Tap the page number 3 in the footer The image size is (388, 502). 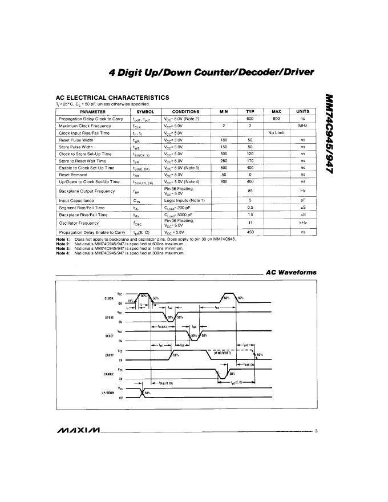coord(316,430)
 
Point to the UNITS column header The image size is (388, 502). coord(302,112)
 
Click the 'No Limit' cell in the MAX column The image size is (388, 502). coord(276,132)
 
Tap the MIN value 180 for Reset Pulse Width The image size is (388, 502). coord(224,139)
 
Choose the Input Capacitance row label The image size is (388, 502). coord(75,201)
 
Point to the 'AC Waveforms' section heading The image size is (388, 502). coord(291,273)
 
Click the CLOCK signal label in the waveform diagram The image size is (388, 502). coord(109,298)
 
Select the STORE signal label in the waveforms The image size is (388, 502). coord(109,317)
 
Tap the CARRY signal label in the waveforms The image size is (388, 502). coord(109,355)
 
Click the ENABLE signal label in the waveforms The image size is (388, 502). coord(109,374)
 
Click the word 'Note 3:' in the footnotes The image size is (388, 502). coord(63,249)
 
